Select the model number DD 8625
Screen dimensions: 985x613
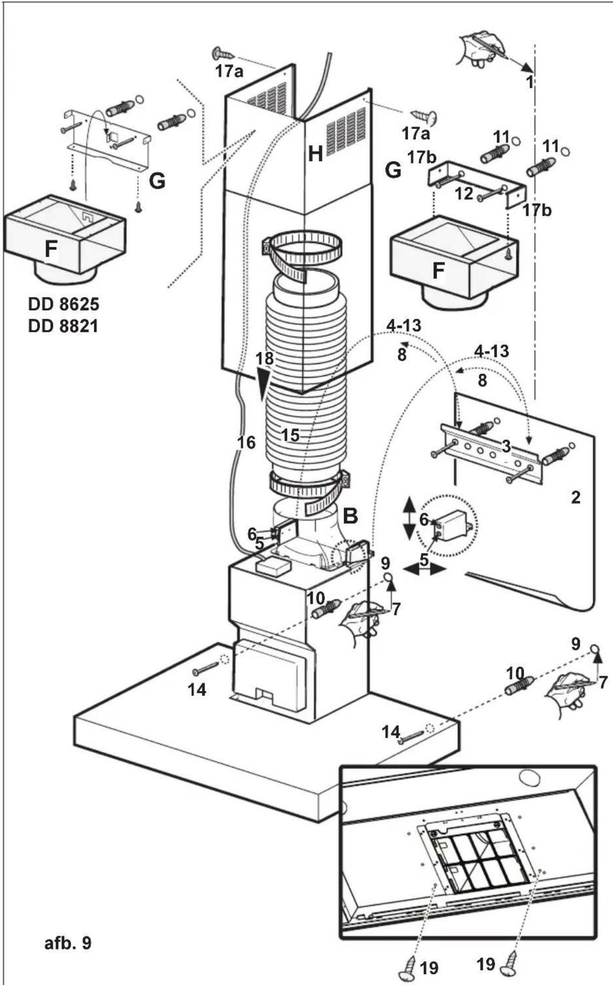(63, 304)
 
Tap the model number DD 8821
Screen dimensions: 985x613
(63, 326)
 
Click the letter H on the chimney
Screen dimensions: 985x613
(315, 154)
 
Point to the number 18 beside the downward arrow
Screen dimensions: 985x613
(265, 358)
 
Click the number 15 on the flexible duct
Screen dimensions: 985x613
(290, 435)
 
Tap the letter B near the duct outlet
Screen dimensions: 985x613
(350, 516)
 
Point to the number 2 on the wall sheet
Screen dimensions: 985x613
(575, 497)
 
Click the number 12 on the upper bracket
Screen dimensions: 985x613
(464, 194)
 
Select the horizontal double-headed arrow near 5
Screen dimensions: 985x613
(425, 569)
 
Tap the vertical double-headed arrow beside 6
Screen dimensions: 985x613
(409, 519)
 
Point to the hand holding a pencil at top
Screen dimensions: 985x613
(480, 47)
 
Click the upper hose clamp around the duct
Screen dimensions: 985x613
(303, 252)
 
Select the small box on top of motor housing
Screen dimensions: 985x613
(273, 565)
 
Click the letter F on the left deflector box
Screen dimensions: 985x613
(50, 249)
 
